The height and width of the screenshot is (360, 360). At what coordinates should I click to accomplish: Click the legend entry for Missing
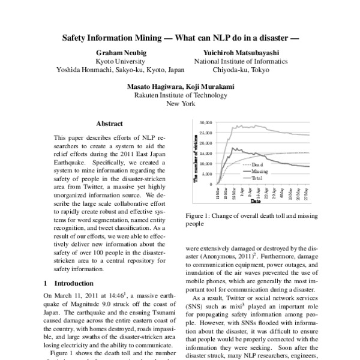click(x=259, y=171)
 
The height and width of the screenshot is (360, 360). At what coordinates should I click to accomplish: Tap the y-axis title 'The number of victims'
click(x=196, y=154)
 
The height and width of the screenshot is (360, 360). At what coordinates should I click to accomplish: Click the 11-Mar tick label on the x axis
click(x=218, y=194)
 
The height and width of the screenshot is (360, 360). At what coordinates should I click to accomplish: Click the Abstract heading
click(x=110, y=124)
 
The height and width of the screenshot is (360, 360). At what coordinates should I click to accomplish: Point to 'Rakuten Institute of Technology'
click(x=181, y=95)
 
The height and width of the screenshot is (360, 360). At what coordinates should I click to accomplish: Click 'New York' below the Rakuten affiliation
click(x=181, y=104)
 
